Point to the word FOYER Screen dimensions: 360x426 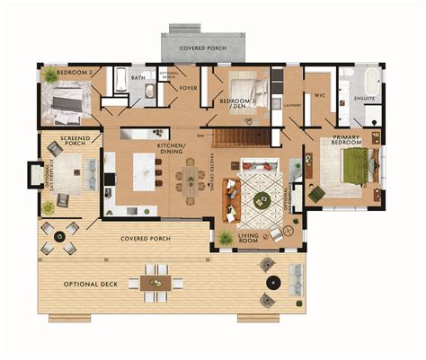188,88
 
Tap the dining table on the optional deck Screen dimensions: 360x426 155,282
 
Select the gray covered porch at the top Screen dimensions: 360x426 202,46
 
